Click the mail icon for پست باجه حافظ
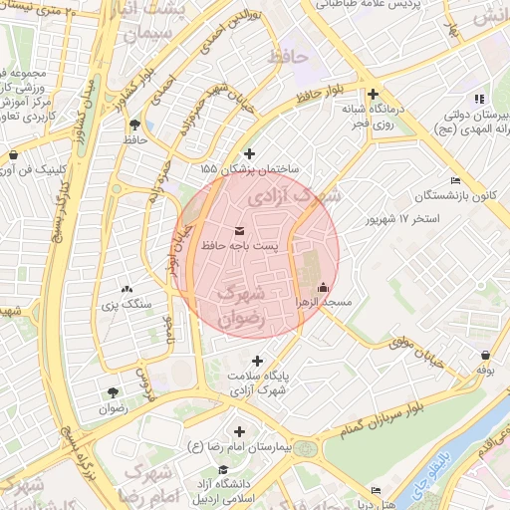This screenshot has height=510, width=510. pos(237,230)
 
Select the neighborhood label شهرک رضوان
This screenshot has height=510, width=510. pos(243,306)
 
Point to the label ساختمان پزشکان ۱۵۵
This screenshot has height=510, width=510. pos(257,168)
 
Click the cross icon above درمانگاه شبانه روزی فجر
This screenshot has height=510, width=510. pos(372,95)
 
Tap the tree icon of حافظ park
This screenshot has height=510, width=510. pos(134,125)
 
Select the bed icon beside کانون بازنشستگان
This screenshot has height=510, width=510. pos(456,180)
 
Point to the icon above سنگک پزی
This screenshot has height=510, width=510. pos(126,288)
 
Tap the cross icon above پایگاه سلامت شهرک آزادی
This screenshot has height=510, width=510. pos(258,361)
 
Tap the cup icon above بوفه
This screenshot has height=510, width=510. pos(485,355)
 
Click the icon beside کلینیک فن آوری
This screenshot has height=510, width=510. pos(13,155)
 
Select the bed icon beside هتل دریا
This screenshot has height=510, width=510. pos(376,490)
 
